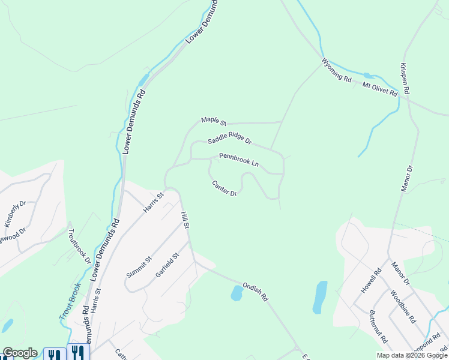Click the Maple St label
pyautogui.click(x=212, y=121)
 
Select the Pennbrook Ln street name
pyautogui.click(x=238, y=160)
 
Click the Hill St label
pyautogui.click(x=185, y=220)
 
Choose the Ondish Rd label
pyautogui.click(x=255, y=292)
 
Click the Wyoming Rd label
pyautogui.click(x=336, y=70)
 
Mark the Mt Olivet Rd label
pyautogui.click(x=380, y=90)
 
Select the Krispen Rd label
pyautogui.click(x=405, y=78)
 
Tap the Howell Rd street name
pyautogui.click(x=376, y=280)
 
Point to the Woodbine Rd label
pyautogui.click(x=402, y=307)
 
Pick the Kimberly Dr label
pyautogui.click(x=15, y=214)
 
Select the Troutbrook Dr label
pyautogui.click(x=79, y=247)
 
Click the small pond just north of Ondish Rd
pyautogui.click(x=237, y=293)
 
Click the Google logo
pyautogui.click(x=20, y=353)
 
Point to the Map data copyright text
pyautogui.click(x=412, y=355)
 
